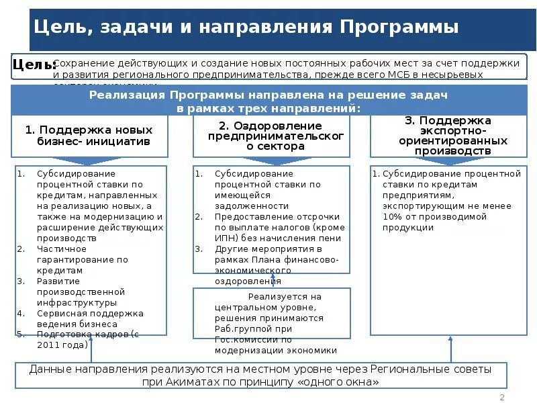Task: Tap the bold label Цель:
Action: (x=34, y=64)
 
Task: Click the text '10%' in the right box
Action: (x=393, y=217)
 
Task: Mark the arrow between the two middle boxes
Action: (x=272, y=281)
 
